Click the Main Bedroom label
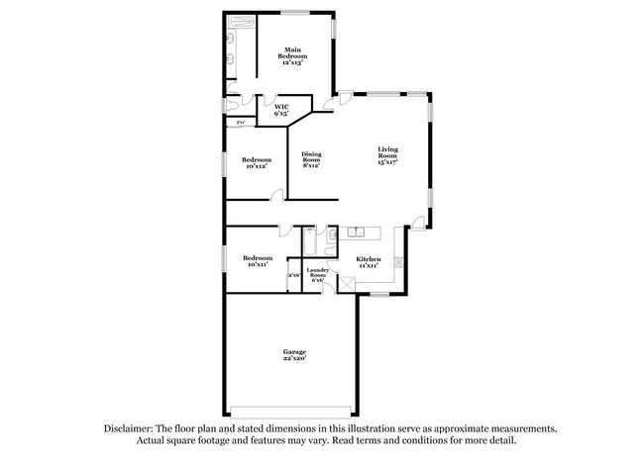pyautogui.click(x=292, y=55)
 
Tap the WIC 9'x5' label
pyautogui.click(x=281, y=110)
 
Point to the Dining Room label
pyautogui.click(x=311, y=159)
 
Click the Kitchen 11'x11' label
pyautogui.click(x=369, y=262)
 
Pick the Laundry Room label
pyautogui.click(x=317, y=274)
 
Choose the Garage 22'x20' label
pyautogui.click(x=294, y=355)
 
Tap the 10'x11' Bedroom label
pyautogui.click(x=258, y=261)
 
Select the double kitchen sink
pyautogui.click(x=357, y=234)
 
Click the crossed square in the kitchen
pyautogui.click(x=346, y=283)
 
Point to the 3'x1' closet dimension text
pyautogui.click(x=240, y=122)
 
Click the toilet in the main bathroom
pyautogui.click(x=233, y=102)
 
